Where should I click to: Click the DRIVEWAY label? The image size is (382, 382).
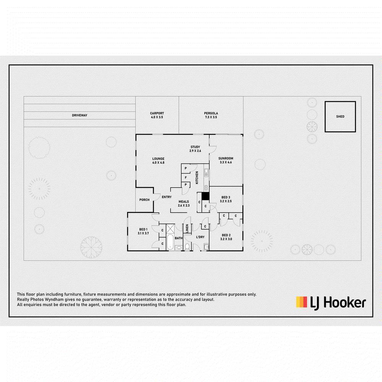tap(79, 115)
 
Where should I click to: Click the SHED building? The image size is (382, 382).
tap(340, 117)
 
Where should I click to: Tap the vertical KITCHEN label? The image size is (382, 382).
tap(197, 177)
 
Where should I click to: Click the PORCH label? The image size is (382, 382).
tap(144, 200)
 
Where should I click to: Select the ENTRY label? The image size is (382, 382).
tap(167, 197)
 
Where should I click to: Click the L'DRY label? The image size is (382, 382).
tap(200, 237)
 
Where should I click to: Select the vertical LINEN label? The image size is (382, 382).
tap(187, 228)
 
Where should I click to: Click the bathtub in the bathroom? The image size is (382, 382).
tap(170, 242)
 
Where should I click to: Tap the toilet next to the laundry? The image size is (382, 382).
tap(187, 246)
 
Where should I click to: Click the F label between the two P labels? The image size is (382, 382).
tap(186, 178)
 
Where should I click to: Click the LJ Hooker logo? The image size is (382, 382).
tap(331, 303)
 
